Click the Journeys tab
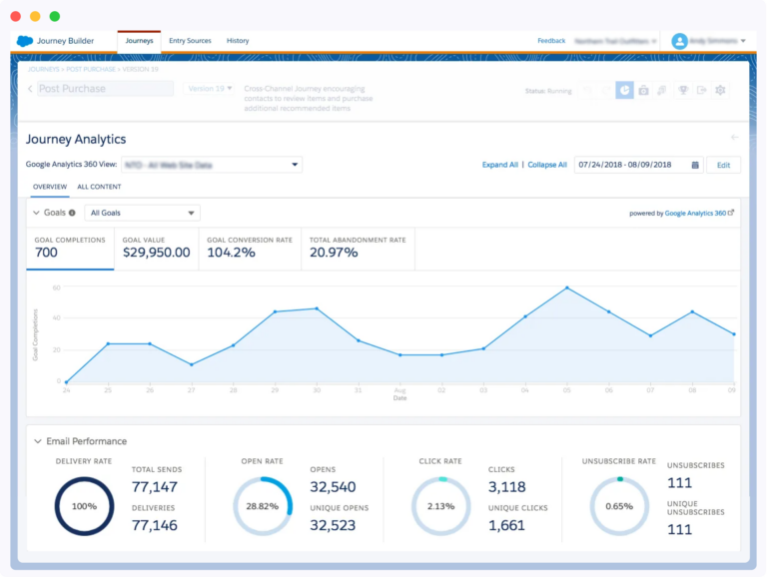pyautogui.click(x=139, y=41)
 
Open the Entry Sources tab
pyautogui.click(x=190, y=41)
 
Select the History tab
pyautogui.click(x=238, y=41)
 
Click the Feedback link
pyautogui.click(x=551, y=41)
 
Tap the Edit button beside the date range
pyautogui.click(x=723, y=165)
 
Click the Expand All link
pyautogui.click(x=500, y=165)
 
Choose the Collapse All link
pyautogui.click(x=547, y=165)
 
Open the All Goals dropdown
pyautogui.click(x=143, y=213)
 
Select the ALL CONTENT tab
pyautogui.click(x=99, y=187)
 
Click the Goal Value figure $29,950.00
pyautogui.click(x=157, y=253)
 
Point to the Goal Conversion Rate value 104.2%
pyautogui.click(x=232, y=253)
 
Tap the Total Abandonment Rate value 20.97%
pyautogui.click(x=334, y=253)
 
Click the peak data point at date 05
pyautogui.click(x=567, y=288)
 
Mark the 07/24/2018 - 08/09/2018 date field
pyautogui.click(x=637, y=165)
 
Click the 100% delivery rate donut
pyautogui.click(x=84, y=506)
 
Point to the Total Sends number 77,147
pyautogui.click(x=155, y=487)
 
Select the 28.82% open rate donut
pyautogui.click(x=262, y=506)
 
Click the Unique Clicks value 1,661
pyautogui.click(x=507, y=525)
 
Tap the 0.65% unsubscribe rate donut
pyautogui.click(x=619, y=506)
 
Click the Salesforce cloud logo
pyautogui.click(x=25, y=41)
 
